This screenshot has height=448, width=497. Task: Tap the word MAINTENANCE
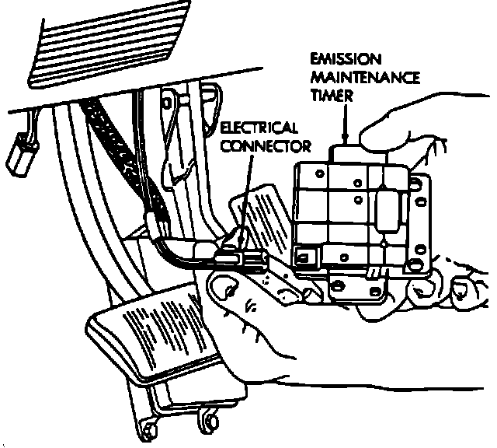(364, 78)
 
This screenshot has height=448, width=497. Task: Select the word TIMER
(331, 96)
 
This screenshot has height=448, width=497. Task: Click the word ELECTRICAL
(259, 128)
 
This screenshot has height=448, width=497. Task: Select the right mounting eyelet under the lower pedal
(207, 420)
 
